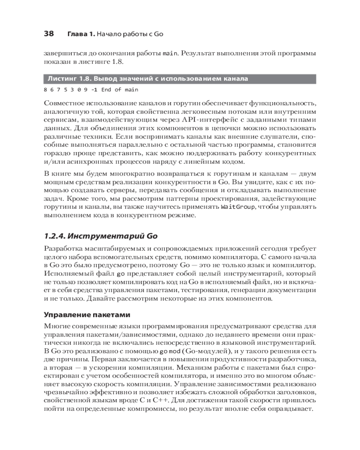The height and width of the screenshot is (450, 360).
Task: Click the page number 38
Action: tap(49, 34)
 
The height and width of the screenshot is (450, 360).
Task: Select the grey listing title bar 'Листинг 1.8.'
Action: tap(180, 79)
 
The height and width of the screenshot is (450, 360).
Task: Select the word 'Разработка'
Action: tap(63, 248)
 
